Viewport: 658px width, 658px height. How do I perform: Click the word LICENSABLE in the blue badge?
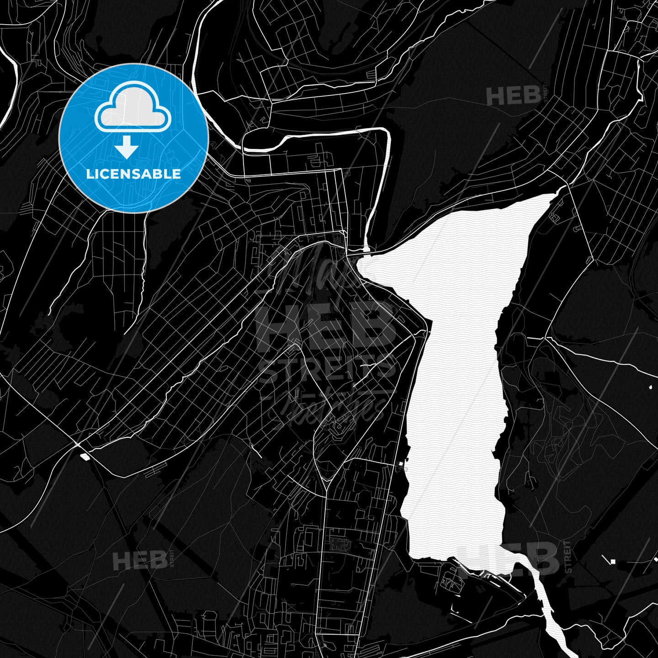click(x=133, y=174)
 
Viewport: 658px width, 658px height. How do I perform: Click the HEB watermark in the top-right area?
click(x=513, y=96)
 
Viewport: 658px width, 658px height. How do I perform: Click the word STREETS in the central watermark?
click(x=327, y=370)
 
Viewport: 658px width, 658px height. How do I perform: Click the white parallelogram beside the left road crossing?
click(x=85, y=455)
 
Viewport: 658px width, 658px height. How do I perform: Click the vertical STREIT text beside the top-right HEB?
click(x=545, y=96)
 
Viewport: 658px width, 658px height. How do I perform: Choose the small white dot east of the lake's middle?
click(x=650, y=387)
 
